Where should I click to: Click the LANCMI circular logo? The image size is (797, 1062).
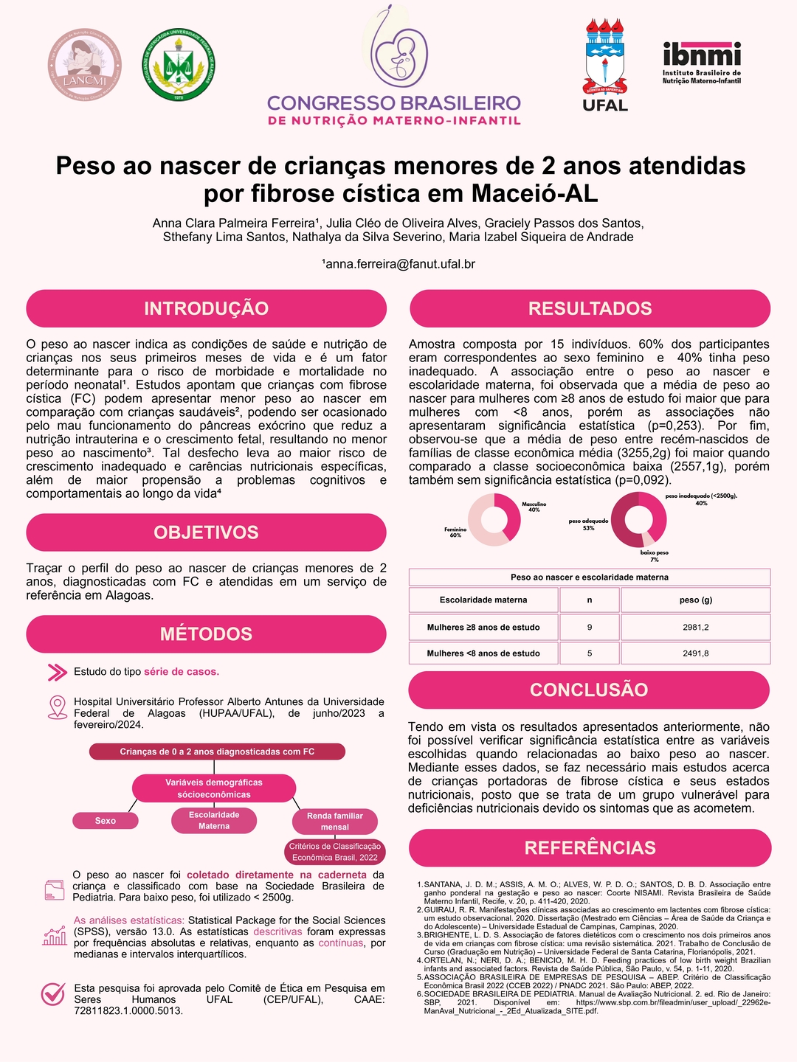click(85, 65)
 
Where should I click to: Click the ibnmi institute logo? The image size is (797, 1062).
click(701, 62)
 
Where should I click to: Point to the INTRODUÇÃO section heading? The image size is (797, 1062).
click(207, 308)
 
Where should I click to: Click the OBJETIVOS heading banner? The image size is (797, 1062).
click(207, 532)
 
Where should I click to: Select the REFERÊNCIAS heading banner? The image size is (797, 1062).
click(590, 847)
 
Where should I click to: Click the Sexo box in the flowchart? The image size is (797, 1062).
click(106, 821)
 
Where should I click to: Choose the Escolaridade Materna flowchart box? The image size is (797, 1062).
click(214, 820)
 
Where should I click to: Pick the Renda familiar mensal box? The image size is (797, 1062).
click(335, 821)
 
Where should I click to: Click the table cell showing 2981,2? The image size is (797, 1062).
click(696, 628)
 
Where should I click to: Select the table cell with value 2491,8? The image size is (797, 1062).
click(696, 653)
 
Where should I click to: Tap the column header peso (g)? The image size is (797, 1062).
click(696, 600)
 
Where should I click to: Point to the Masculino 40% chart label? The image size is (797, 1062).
click(534, 507)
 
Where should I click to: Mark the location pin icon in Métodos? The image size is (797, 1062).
click(57, 707)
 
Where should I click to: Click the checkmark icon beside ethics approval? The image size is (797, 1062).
click(53, 994)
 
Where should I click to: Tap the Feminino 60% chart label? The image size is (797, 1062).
click(455, 532)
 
